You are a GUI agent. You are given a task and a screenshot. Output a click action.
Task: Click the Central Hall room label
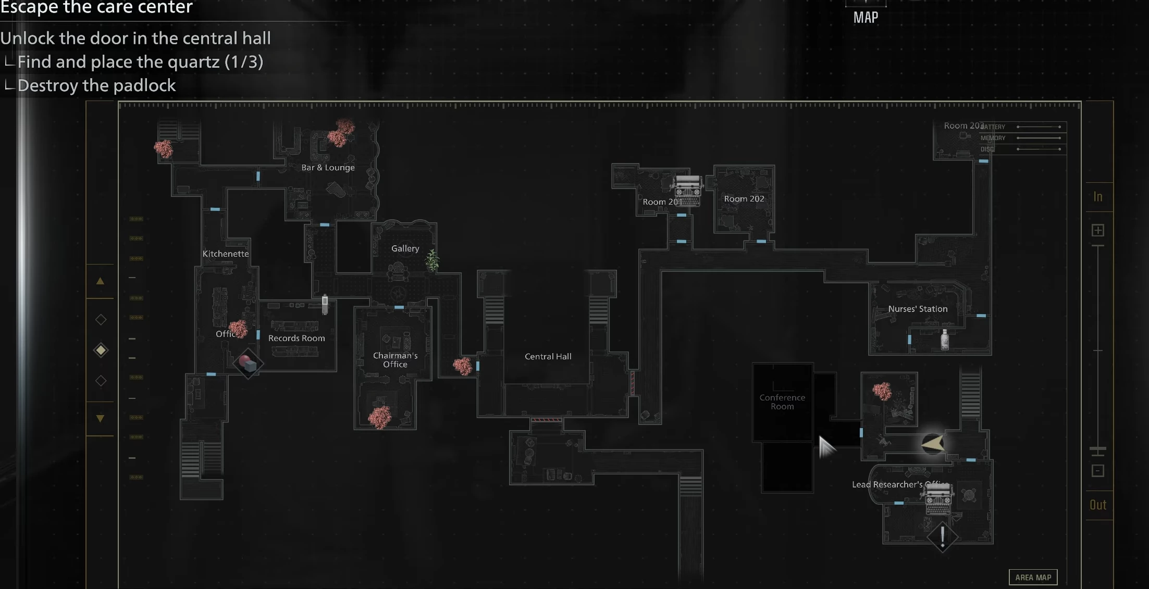(x=548, y=356)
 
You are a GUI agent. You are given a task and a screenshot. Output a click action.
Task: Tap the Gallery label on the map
(x=405, y=248)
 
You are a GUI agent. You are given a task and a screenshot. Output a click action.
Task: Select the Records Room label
(x=296, y=338)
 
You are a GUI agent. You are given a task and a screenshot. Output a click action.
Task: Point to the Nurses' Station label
(x=918, y=309)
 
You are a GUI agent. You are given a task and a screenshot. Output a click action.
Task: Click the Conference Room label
(x=782, y=402)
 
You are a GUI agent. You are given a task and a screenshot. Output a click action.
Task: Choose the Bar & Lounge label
(x=328, y=167)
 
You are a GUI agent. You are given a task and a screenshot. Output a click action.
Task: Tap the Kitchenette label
(x=226, y=254)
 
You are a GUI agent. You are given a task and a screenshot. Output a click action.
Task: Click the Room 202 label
(x=744, y=198)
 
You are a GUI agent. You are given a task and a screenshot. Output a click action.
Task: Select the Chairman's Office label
(x=395, y=360)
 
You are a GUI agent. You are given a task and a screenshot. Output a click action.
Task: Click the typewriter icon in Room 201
(x=688, y=191)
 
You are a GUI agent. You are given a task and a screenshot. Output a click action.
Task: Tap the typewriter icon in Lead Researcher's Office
(x=938, y=498)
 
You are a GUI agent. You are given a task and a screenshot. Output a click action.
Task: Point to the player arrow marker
(x=933, y=444)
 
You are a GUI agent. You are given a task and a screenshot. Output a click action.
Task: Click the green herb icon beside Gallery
(x=433, y=260)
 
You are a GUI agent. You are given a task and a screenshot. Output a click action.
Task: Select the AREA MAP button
(x=1033, y=577)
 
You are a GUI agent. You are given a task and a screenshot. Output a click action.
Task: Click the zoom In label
(x=1098, y=197)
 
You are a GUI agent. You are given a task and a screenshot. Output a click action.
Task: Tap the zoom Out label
(x=1098, y=505)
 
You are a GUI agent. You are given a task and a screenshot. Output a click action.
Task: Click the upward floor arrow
(x=100, y=281)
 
